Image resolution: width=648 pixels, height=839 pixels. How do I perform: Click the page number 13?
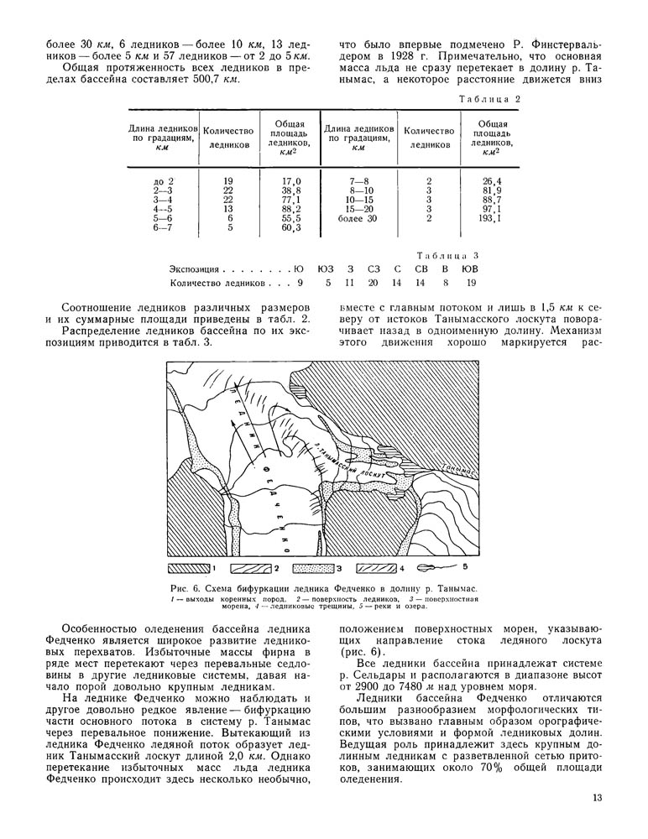[598, 798]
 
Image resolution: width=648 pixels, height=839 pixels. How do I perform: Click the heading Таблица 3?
[447, 253]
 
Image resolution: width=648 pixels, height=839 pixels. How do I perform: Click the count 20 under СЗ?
[374, 284]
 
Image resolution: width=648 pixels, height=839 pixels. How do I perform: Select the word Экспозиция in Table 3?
[194, 269]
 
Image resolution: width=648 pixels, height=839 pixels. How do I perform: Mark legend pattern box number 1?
[192, 568]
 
